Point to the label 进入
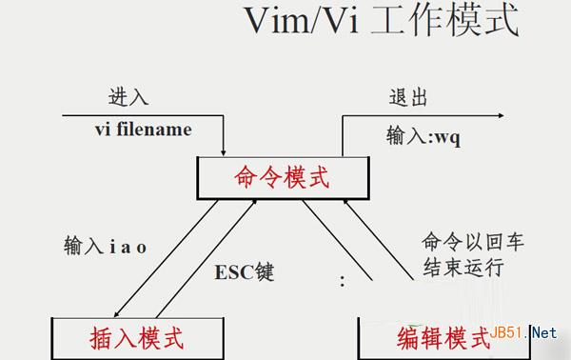point(128,98)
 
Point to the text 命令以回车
point(461,242)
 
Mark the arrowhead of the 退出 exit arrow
point(499,116)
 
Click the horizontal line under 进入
point(143,115)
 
